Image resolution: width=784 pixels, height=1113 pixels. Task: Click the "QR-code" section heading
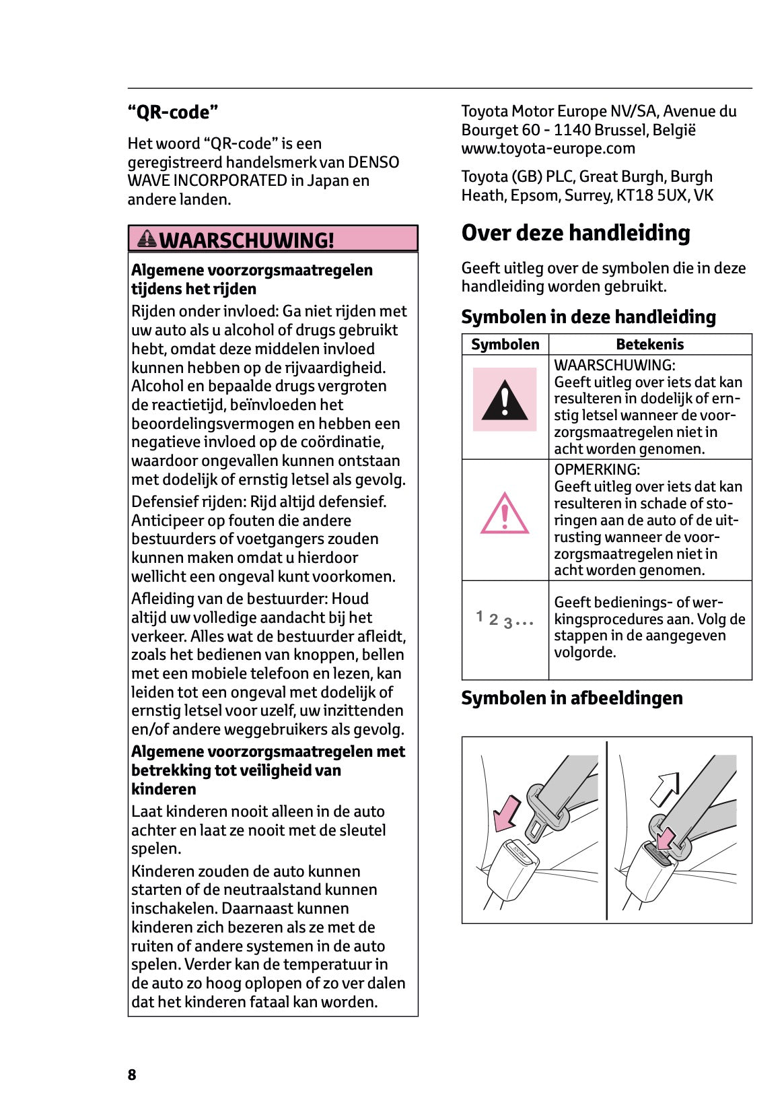(173, 112)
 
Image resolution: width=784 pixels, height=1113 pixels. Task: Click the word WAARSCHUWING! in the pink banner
(246, 240)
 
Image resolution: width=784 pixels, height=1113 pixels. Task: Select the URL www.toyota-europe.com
(548, 148)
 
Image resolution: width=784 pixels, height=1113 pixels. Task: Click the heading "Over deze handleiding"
(575, 233)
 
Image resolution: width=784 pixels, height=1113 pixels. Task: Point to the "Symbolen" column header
(505, 344)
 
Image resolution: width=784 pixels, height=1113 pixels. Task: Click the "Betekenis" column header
(649, 344)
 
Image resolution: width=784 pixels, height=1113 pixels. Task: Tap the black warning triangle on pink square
(505, 400)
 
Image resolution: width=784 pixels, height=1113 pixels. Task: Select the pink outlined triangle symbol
(505, 514)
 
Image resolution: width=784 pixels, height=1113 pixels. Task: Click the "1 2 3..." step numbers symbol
(505, 619)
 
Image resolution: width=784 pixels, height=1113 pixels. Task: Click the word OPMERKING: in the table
(597, 469)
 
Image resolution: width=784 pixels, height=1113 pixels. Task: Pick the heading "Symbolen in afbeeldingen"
(571, 698)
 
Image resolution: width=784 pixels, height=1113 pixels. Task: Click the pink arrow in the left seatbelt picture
(506, 812)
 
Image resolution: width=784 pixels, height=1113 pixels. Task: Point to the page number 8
(132, 1075)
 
